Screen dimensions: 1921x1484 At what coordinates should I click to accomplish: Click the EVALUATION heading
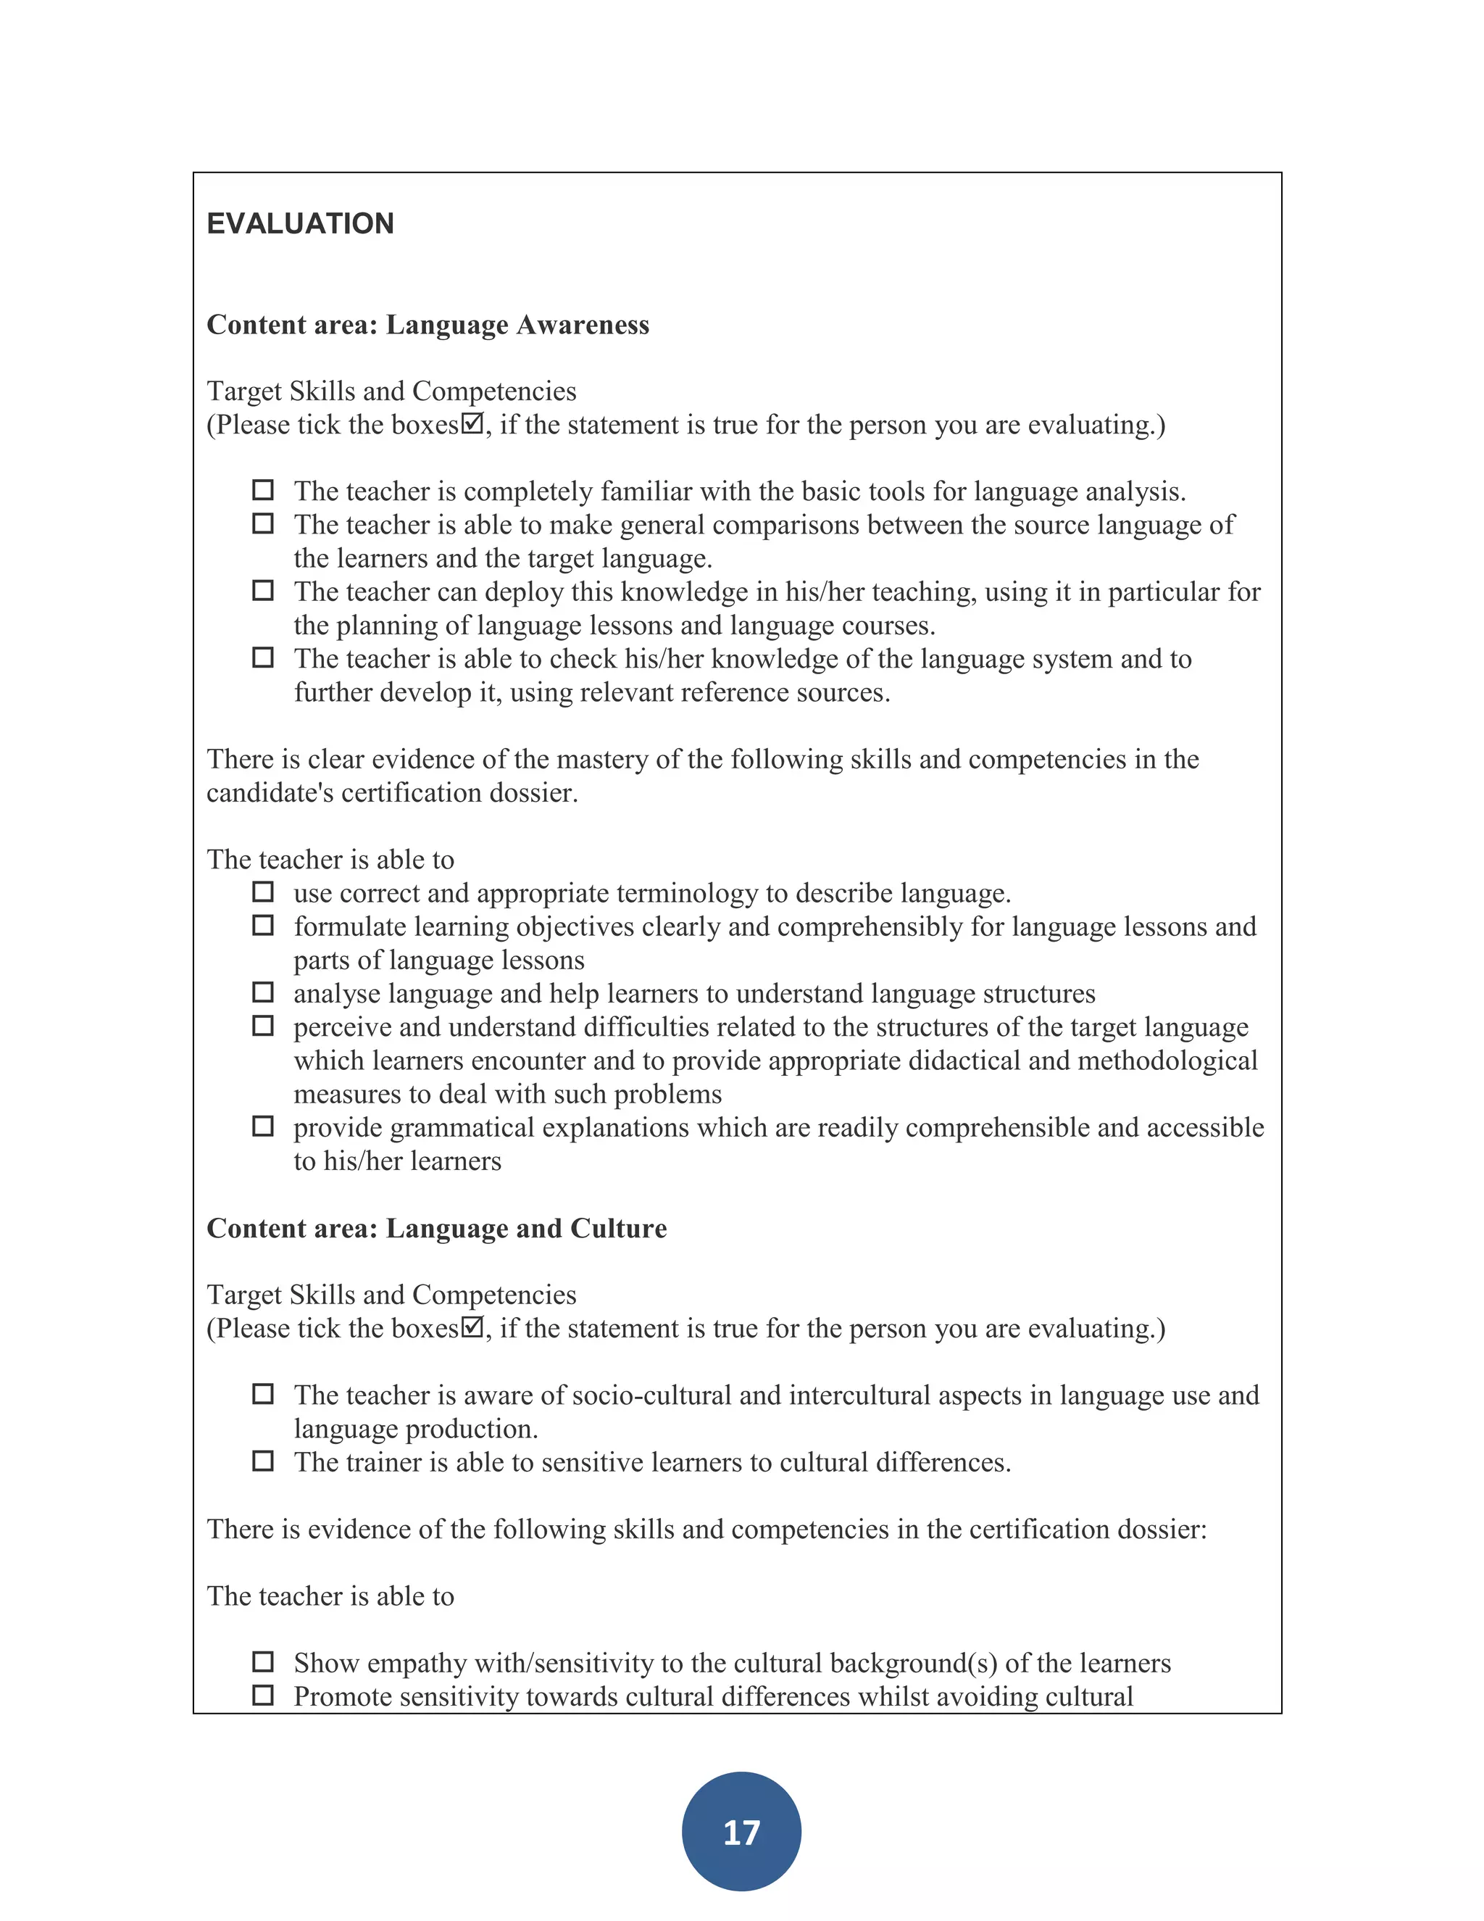[300, 223]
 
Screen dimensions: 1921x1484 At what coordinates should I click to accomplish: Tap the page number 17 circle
[741, 1832]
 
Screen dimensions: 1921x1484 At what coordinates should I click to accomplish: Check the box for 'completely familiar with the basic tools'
[263, 490]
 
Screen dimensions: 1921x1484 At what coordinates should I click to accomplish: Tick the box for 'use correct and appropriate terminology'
[263, 892]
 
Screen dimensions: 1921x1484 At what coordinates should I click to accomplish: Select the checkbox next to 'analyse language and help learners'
[263, 992]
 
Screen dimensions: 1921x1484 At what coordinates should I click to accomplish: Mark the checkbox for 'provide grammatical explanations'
[263, 1126]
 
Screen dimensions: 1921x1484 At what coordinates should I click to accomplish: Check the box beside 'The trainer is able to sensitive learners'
[263, 1461]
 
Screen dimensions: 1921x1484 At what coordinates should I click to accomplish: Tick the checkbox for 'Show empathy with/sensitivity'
[263, 1661]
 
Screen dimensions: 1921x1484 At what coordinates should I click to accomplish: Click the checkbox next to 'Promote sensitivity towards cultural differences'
[263, 1695]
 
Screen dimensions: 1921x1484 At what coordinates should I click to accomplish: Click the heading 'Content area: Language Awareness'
[428, 325]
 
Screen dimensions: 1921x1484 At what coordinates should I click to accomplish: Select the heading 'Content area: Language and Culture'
[436, 1228]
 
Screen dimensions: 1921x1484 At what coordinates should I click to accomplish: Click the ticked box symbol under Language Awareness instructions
[472, 423]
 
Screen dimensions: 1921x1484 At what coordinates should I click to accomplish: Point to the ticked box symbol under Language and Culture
[472, 1327]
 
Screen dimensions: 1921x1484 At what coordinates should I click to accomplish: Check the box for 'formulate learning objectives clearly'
[263, 925]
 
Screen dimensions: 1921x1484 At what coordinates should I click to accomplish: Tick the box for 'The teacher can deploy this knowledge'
[263, 590]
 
